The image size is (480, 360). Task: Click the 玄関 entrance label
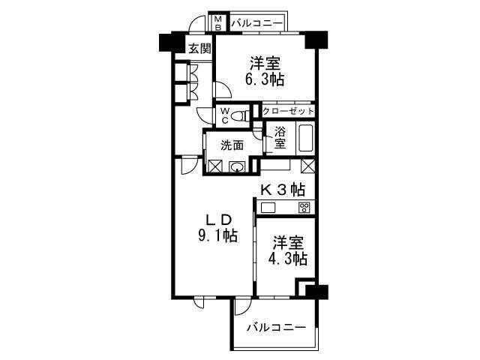[199, 50]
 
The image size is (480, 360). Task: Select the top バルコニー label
[256, 23]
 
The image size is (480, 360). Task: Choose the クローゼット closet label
[288, 111]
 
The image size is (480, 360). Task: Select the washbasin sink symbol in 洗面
[238, 166]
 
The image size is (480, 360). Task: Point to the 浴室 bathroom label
[279, 137]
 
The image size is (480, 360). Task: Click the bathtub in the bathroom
[305, 139]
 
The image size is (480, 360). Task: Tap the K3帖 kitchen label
[283, 188]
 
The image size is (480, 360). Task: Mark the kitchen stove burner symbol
[304, 208]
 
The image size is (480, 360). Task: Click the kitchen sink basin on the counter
[268, 208]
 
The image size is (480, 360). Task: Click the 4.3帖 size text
[289, 259]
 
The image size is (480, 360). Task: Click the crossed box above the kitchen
[307, 166]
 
